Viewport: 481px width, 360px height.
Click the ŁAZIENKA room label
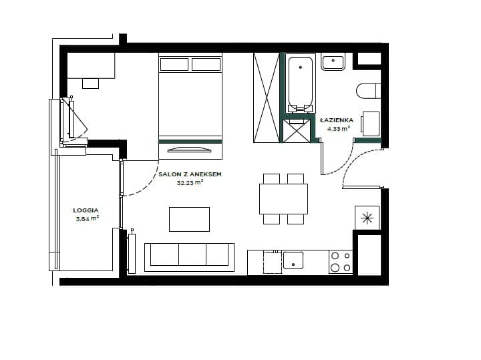pos(337,120)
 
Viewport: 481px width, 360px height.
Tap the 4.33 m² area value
pos(339,129)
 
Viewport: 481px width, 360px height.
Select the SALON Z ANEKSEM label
pos(190,174)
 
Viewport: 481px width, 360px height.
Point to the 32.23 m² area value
pos(190,183)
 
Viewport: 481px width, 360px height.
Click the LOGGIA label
pos(86,210)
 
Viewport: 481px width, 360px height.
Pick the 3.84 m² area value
pos(88,218)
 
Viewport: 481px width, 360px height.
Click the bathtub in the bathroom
pos(301,83)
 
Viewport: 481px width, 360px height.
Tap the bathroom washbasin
pos(333,62)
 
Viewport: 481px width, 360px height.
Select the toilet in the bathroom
pos(368,91)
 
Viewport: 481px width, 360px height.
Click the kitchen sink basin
pos(293,260)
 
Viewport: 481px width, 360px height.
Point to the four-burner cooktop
pos(341,262)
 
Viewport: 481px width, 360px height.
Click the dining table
pos(283,199)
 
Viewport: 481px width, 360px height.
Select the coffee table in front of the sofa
pos(189,219)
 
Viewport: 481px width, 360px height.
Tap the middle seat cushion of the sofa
pos(192,254)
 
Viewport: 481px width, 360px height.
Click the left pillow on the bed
pos(174,64)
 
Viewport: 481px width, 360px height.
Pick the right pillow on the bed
pos(206,64)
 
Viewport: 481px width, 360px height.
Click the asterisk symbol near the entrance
pos(367,218)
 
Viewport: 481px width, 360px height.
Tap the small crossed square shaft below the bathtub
pos(297,131)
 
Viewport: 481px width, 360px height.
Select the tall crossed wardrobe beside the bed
pos(267,98)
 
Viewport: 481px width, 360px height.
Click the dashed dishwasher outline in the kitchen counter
pos(273,262)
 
